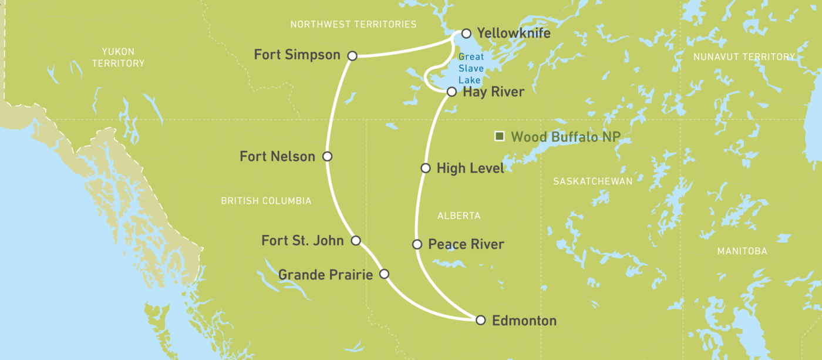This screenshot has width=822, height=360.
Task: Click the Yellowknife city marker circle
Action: point(466,33)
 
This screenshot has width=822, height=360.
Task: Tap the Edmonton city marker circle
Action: point(481,320)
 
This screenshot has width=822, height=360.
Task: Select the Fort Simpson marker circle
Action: point(352,56)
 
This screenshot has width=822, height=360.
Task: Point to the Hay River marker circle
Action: point(452,92)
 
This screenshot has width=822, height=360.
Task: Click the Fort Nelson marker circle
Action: point(328,157)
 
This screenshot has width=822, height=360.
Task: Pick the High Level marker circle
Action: point(426,169)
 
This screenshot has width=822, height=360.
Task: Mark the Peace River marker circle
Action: point(417,244)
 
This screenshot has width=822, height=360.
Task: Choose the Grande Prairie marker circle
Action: point(384,274)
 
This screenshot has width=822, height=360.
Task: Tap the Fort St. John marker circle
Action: point(355,240)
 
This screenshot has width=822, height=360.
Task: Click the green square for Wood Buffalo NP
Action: point(500,137)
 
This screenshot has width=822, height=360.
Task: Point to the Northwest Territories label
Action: point(353,24)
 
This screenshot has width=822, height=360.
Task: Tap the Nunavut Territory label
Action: point(744,57)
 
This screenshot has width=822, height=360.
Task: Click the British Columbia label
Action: point(266,201)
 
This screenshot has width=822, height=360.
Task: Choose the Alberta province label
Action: point(459,216)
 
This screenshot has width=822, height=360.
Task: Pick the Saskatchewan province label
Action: point(593,181)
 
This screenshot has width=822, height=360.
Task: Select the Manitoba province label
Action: point(742,251)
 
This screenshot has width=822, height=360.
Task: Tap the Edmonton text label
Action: point(524,321)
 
